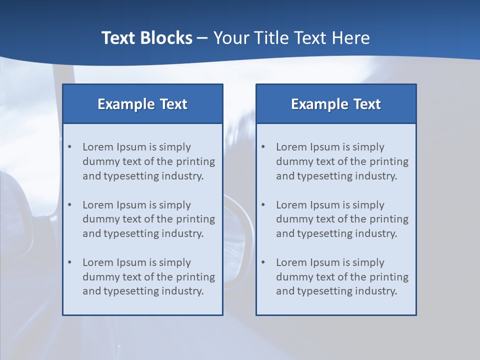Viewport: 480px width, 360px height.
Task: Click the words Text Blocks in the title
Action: (147, 38)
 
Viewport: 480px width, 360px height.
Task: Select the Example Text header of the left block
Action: (142, 104)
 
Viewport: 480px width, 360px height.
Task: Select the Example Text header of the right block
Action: (336, 104)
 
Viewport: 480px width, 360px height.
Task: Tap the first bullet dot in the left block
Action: (69, 147)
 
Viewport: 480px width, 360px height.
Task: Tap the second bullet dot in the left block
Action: (69, 204)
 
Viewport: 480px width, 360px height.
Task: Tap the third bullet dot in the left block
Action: (69, 262)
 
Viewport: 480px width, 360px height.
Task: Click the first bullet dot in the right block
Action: (263, 147)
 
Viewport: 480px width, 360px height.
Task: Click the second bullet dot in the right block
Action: (263, 204)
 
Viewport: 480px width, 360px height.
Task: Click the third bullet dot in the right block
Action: (263, 262)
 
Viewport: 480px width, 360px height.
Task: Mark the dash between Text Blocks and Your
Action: (203, 38)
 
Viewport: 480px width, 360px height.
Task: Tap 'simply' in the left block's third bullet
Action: (175, 262)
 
